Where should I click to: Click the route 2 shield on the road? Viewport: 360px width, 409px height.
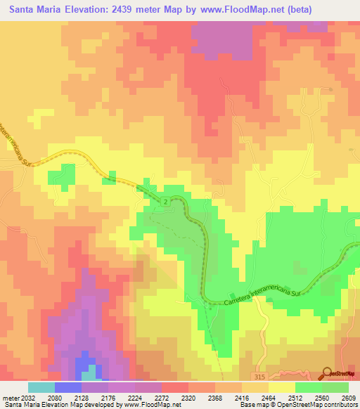pos(164,202)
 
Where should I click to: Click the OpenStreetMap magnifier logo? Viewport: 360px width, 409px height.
pos(328,373)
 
